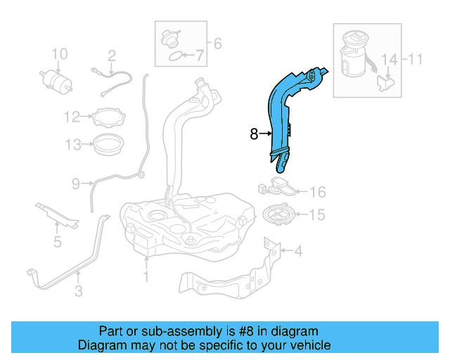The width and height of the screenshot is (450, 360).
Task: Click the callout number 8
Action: pos(254,132)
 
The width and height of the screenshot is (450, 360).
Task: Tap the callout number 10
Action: pos(60,54)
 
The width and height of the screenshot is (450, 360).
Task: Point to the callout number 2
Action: pos(111,55)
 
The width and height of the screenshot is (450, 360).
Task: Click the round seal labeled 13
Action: pos(108,145)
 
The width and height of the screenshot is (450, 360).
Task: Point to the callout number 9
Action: pos(76,184)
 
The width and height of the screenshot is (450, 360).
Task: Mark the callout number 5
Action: pos(58,243)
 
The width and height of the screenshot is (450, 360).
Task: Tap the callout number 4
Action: pos(298,250)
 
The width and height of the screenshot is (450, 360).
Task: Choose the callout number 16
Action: pos(318,191)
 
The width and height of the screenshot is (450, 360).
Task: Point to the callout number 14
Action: pos(389,59)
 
